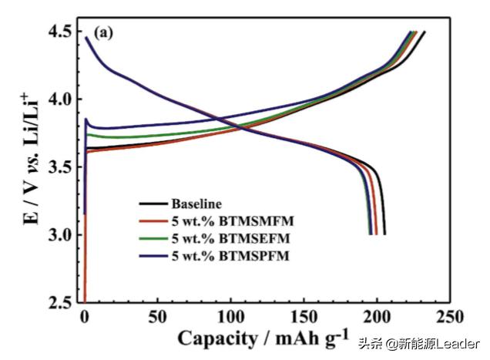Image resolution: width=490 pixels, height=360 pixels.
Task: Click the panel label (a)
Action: pos(105,33)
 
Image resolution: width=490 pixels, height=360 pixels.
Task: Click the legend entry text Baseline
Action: pos(197,204)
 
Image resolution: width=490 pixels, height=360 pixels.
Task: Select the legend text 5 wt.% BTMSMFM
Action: pos(222,221)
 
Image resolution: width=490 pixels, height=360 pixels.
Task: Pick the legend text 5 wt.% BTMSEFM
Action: pos(222,237)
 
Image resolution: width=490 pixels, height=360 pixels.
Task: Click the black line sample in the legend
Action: pos(154,204)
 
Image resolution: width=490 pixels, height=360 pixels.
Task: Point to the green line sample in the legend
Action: pos(154,237)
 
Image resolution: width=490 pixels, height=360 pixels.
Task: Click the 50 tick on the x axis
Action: pos(158,318)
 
